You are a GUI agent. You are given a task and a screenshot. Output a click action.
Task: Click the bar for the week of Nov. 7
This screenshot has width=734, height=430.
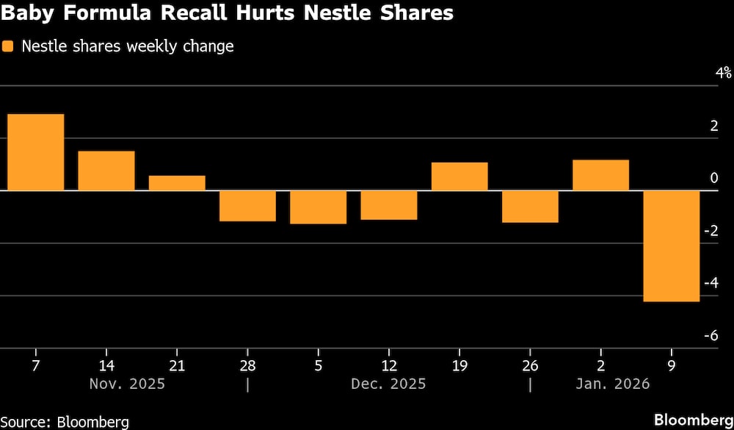[x=35, y=152]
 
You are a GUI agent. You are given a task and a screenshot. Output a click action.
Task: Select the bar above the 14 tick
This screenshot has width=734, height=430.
[x=106, y=171]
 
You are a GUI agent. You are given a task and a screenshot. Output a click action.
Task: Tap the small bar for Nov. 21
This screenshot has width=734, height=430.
[x=177, y=183]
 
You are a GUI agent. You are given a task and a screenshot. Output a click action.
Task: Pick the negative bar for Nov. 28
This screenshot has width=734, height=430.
[x=247, y=206]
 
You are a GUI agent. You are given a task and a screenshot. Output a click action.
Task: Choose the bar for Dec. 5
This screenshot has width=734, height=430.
[x=318, y=207]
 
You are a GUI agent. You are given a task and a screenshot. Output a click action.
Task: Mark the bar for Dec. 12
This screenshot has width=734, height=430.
[x=389, y=205]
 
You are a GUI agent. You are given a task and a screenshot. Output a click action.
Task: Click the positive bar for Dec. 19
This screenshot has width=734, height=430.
[x=459, y=176]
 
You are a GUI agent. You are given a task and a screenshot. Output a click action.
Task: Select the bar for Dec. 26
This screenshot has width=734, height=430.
[x=530, y=207]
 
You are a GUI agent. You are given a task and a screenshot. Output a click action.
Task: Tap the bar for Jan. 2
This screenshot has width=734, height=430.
[x=600, y=175]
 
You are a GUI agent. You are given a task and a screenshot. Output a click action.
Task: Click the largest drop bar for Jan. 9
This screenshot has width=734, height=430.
[x=672, y=246]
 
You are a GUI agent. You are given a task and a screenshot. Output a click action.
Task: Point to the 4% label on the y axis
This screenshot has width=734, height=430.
[x=724, y=72]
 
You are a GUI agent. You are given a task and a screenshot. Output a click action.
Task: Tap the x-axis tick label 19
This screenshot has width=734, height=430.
[x=459, y=365]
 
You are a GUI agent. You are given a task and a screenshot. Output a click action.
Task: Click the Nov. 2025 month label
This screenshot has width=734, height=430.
[x=127, y=384]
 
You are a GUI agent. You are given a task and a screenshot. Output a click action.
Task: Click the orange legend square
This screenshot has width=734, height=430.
[x=8, y=46]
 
